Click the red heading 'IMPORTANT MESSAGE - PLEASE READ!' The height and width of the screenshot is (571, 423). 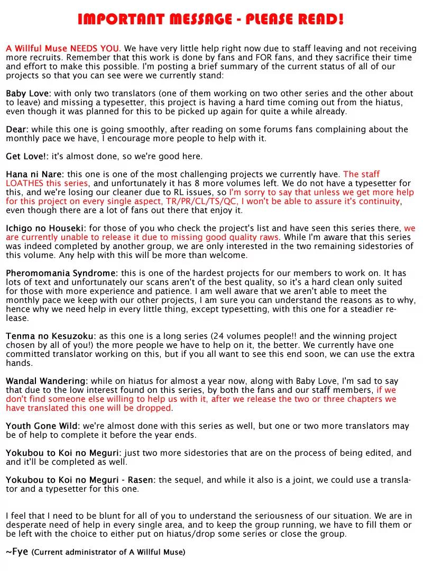point(211,20)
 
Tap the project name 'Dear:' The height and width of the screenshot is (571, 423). point(17,130)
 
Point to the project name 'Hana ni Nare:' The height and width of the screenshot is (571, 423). point(35,174)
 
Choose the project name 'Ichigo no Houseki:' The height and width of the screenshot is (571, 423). point(46,228)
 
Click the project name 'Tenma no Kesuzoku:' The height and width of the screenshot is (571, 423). point(51,336)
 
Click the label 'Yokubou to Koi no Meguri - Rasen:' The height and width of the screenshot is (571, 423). point(81,480)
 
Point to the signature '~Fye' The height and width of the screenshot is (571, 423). point(17,552)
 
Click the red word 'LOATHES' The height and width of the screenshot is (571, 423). point(24,183)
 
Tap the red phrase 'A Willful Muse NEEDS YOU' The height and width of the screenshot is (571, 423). point(63,49)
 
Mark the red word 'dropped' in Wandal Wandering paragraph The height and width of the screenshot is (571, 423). point(156,408)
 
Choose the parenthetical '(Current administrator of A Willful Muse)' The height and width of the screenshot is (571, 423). point(108,552)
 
